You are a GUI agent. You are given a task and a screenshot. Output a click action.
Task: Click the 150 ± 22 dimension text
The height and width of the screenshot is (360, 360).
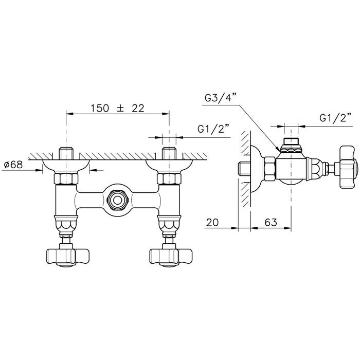pos(118,108)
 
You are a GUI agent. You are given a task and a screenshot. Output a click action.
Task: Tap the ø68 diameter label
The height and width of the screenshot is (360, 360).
pos(13,165)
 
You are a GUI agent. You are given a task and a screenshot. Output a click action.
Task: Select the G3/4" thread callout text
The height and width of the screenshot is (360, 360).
pos(220,97)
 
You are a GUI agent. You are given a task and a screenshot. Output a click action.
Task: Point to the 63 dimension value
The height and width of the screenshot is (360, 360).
pos(271,222)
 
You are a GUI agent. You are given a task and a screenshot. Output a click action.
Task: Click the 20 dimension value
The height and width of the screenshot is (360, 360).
pos(212,222)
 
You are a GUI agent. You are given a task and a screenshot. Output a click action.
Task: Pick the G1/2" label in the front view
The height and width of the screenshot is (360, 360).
pos(213,129)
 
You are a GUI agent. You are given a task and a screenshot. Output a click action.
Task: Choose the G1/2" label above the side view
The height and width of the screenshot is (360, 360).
pos(336,118)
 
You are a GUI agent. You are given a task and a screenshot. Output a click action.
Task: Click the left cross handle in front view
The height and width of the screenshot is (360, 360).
pos(67,257)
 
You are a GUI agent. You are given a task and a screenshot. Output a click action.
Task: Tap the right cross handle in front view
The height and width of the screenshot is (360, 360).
pos(170,257)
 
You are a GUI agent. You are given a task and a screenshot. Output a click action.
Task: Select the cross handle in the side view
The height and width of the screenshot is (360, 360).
pos(349,167)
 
